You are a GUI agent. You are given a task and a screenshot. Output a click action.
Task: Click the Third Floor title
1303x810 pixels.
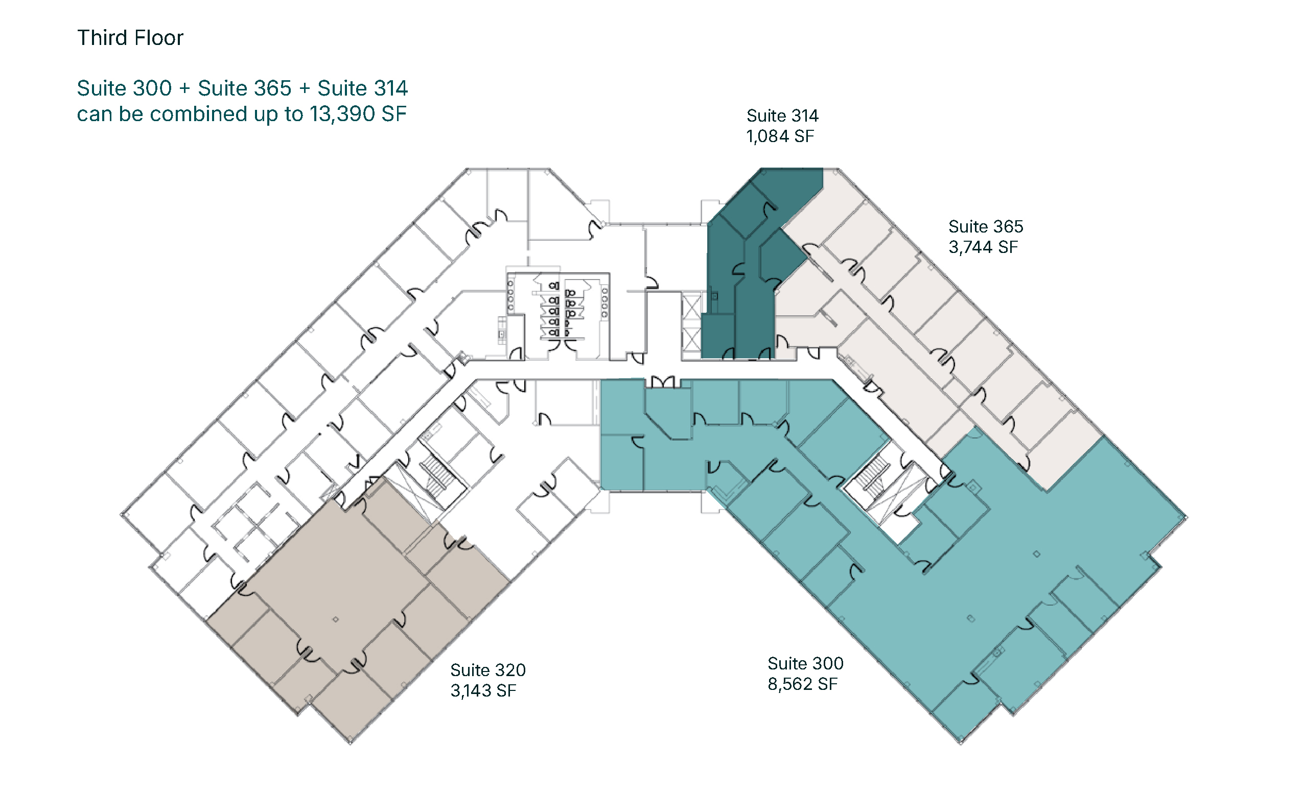(130, 38)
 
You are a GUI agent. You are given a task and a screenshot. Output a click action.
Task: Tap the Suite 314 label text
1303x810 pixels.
(782, 115)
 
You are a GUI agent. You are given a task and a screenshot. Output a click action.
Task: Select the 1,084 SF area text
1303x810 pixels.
(780, 136)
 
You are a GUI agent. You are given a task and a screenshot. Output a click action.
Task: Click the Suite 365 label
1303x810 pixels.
(985, 226)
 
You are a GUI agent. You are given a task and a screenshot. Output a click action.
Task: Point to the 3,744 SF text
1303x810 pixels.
(983, 247)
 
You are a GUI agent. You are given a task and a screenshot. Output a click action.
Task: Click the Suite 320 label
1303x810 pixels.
(488, 670)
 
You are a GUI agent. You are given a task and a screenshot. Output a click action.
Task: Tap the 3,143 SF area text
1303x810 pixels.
(483, 691)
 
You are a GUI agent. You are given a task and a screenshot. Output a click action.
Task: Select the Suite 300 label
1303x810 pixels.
(805, 664)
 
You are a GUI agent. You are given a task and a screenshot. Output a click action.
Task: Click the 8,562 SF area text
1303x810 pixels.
(803, 684)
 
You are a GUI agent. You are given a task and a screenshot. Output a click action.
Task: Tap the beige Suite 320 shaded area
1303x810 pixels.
(343, 600)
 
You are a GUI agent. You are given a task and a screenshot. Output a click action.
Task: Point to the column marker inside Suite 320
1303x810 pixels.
(336, 619)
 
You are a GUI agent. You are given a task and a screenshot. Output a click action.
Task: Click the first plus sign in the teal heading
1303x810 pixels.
(185, 89)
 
